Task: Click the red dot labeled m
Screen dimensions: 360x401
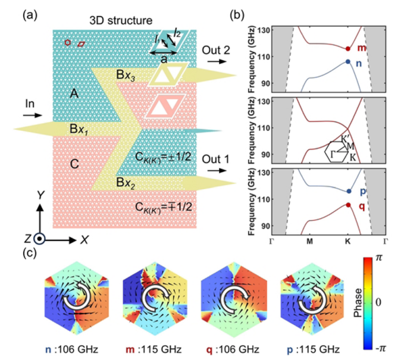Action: [x=348, y=49]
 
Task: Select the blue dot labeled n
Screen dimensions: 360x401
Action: [x=348, y=61]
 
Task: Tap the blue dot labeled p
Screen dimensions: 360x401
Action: [x=348, y=192]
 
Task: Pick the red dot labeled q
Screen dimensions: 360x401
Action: [x=348, y=205]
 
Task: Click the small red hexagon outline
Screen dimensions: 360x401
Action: [x=68, y=42]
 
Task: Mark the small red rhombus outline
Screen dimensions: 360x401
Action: [x=81, y=43]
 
